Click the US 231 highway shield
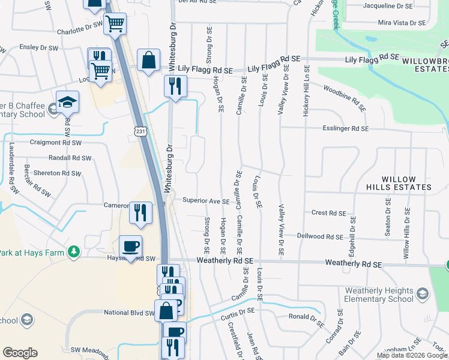pyautogui.click(x=139, y=131)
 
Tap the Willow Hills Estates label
pyautogui.click(x=408, y=183)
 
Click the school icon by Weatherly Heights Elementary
pyautogui.click(x=423, y=293)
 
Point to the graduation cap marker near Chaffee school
pyautogui.click(x=67, y=100)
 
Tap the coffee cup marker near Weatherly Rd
pyautogui.click(x=131, y=245)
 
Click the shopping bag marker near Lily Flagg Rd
pyautogui.click(x=148, y=60)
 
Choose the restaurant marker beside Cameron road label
pyautogui.click(x=140, y=212)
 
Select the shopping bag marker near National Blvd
pyautogui.click(x=166, y=310)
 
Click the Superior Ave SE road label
pyautogui.click(x=206, y=201)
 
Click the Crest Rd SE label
pyautogui.click(x=329, y=213)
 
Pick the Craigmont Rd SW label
pyautogui.click(x=56, y=143)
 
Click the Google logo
pyautogui.click(x=20, y=353)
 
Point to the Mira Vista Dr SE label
pyautogui.click(x=402, y=23)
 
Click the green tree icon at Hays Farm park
pyautogui.click(x=74, y=251)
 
